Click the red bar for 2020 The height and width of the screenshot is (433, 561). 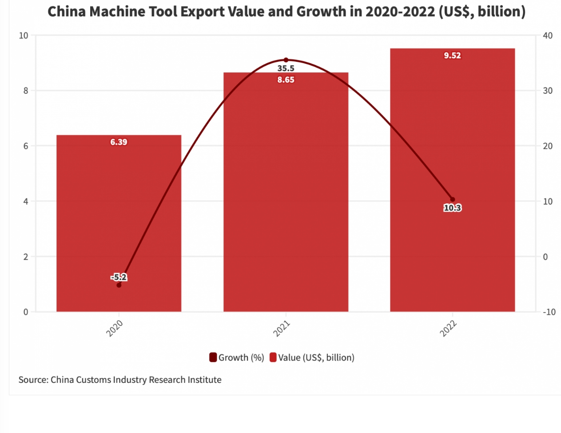click(x=119, y=222)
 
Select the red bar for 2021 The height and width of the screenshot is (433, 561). click(x=286, y=200)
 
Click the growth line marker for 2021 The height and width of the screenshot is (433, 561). click(x=286, y=60)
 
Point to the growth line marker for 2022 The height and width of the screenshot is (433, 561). click(x=452, y=199)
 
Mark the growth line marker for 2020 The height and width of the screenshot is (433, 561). click(x=119, y=285)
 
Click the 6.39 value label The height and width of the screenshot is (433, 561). click(x=119, y=142)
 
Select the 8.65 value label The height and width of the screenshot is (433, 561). click(x=286, y=80)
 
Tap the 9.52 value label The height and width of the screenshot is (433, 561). click(x=452, y=56)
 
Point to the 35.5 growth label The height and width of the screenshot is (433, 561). click(x=286, y=68)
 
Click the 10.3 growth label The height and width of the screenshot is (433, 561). click(x=452, y=208)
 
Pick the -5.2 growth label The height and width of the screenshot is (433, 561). click(x=119, y=277)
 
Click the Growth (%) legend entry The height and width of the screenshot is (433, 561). click(x=237, y=358)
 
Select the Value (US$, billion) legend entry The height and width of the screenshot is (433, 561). click(x=312, y=358)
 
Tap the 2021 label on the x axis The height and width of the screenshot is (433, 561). click(x=282, y=329)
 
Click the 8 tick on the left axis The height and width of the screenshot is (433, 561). click(x=25, y=91)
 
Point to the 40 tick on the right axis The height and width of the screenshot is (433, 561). click(x=548, y=36)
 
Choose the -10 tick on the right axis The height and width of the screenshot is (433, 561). click(x=549, y=312)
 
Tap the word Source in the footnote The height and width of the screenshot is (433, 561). click(x=33, y=380)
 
